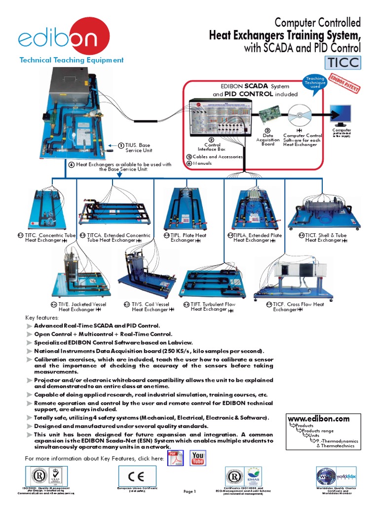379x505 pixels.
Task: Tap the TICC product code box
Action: [x=342, y=63]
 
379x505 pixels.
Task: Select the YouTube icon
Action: [x=198, y=458]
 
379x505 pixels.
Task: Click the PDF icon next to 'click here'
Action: [x=176, y=458]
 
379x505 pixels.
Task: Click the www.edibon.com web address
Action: [x=318, y=419]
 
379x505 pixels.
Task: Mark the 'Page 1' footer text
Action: [x=189, y=491]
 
